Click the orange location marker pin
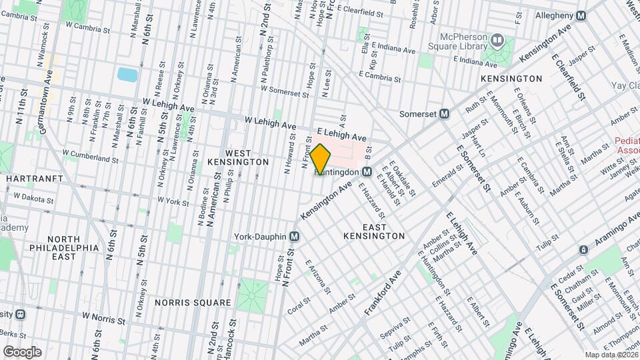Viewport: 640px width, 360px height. click(x=320, y=159)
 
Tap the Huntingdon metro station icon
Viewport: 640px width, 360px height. click(x=367, y=172)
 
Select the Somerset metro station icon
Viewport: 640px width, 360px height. click(x=443, y=114)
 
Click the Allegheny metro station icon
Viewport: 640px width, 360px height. click(x=581, y=15)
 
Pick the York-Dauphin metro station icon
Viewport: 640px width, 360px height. click(x=294, y=237)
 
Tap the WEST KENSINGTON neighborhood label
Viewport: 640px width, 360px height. click(x=238, y=157)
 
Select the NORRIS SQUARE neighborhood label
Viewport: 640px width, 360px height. click(x=193, y=302)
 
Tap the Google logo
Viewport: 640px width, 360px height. click(x=21, y=351)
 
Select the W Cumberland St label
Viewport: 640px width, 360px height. click(x=90, y=156)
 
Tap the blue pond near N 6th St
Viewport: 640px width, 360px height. click(x=127, y=74)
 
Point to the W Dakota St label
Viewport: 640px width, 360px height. click(x=33, y=198)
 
